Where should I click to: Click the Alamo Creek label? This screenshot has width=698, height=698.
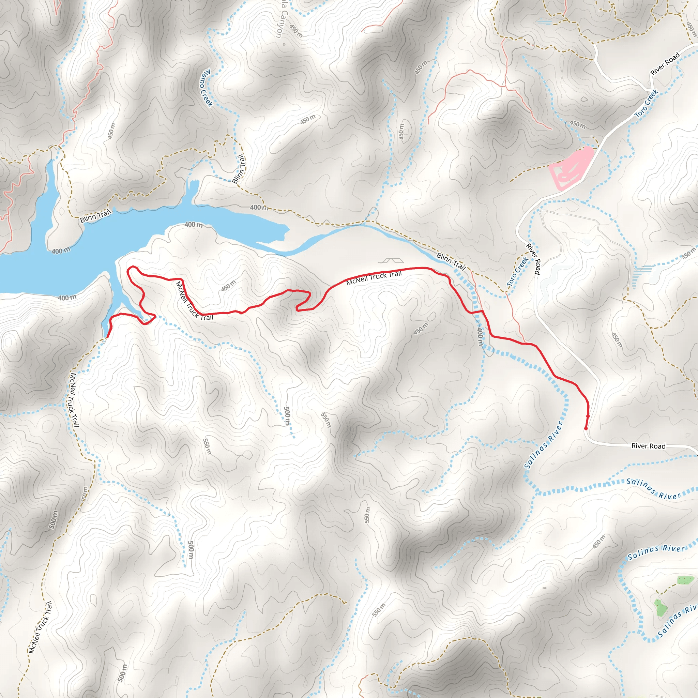point(207,88)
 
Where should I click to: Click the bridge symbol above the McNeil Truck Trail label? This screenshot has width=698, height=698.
point(391,260)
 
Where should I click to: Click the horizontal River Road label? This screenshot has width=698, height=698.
point(648,446)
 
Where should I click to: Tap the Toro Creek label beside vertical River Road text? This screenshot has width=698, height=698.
point(518,272)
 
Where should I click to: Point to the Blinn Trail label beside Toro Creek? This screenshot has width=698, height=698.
point(451,261)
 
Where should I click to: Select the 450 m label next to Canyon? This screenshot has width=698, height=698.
point(296,31)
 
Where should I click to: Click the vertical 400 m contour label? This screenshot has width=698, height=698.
point(480,337)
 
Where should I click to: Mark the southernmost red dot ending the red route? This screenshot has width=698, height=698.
point(586,429)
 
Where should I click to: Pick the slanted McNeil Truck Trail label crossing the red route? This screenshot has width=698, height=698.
point(194,301)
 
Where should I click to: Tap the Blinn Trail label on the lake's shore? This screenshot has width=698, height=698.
point(95,216)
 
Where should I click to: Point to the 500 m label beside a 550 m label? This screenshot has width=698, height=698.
point(287,416)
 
